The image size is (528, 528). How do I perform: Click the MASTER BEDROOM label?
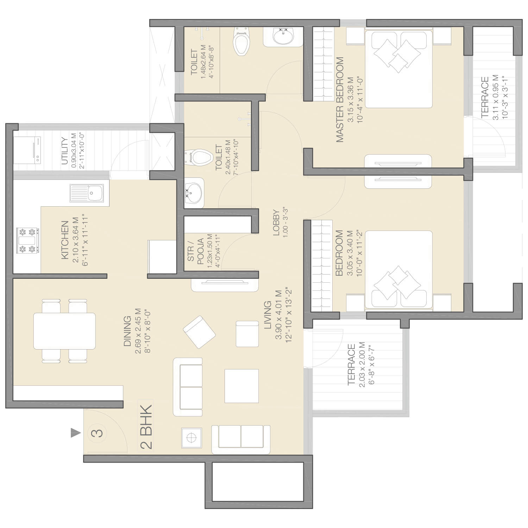[x=340, y=100]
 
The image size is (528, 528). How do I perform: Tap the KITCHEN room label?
[x=65, y=240]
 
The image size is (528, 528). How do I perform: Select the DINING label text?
[x=127, y=331]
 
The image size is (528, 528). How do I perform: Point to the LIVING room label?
[x=268, y=315]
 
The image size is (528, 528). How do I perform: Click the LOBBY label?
[x=276, y=225]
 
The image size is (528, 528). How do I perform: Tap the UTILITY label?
[x=65, y=151]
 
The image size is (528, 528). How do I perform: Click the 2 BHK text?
[x=146, y=427]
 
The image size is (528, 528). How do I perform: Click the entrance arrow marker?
[x=75, y=433]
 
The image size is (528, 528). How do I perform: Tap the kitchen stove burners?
[x=27, y=241]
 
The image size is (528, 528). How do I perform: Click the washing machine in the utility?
[x=27, y=150]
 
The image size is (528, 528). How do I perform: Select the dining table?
[x=64, y=331]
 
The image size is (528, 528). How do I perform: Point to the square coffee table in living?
[x=241, y=386]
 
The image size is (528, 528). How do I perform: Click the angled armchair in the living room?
[x=199, y=332]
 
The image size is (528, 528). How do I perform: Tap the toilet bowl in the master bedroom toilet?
[x=241, y=41]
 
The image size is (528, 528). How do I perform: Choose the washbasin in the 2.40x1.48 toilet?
[x=194, y=193]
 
